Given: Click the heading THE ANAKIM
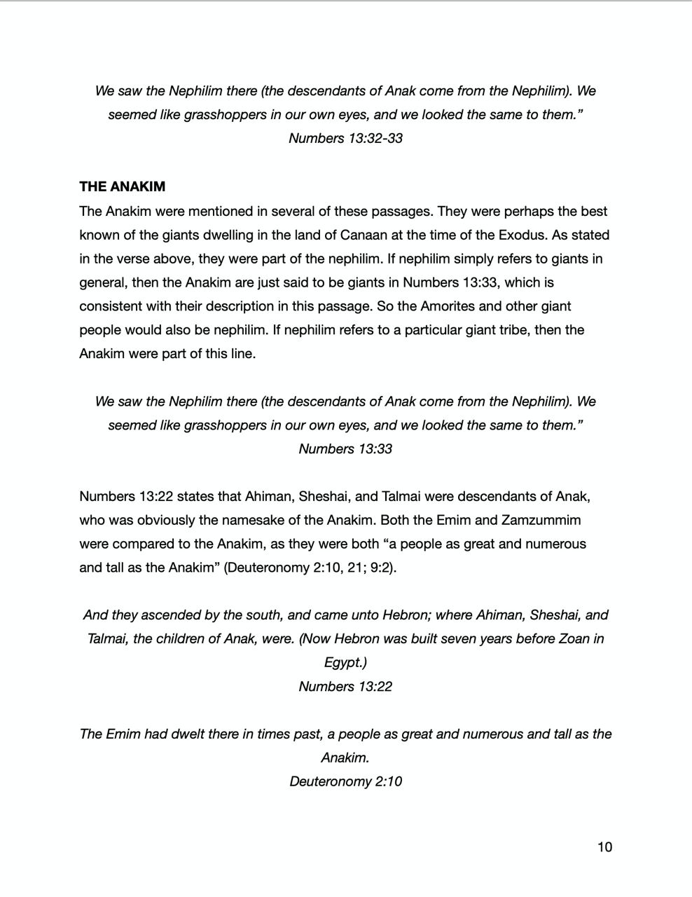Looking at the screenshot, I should pyautogui.click(x=122, y=186).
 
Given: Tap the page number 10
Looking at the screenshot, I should pyautogui.click(x=604, y=847).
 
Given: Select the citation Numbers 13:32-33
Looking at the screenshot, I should pyautogui.click(x=345, y=138).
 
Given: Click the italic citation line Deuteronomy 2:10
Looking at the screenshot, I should pyautogui.click(x=345, y=781).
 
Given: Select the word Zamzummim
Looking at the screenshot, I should pyautogui.click(x=541, y=520).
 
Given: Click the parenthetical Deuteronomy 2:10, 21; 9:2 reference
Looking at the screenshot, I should pyautogui.click(x=310, y=568).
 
